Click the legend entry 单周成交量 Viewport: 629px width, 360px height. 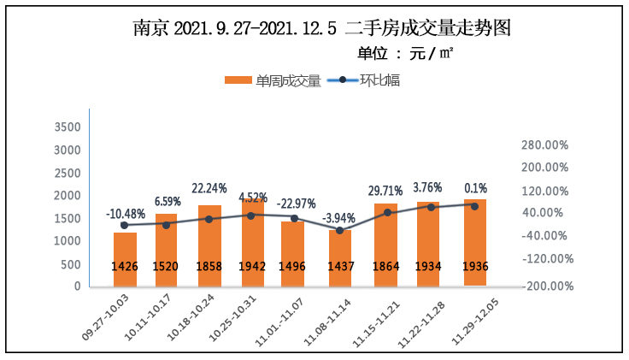point(273,81)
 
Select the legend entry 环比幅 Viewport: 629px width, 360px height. point(367,81)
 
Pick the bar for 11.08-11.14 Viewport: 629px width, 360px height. point(340,257)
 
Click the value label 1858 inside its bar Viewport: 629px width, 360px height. point(209,266)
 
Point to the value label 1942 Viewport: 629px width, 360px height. point(251,266)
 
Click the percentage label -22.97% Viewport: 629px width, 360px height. point(297,204)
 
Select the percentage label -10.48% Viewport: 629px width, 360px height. point(126,213)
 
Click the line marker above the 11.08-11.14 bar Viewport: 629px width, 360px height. point(340,230)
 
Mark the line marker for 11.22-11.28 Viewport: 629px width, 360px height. point(432,207)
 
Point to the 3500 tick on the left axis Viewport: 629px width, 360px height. point(67,127)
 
